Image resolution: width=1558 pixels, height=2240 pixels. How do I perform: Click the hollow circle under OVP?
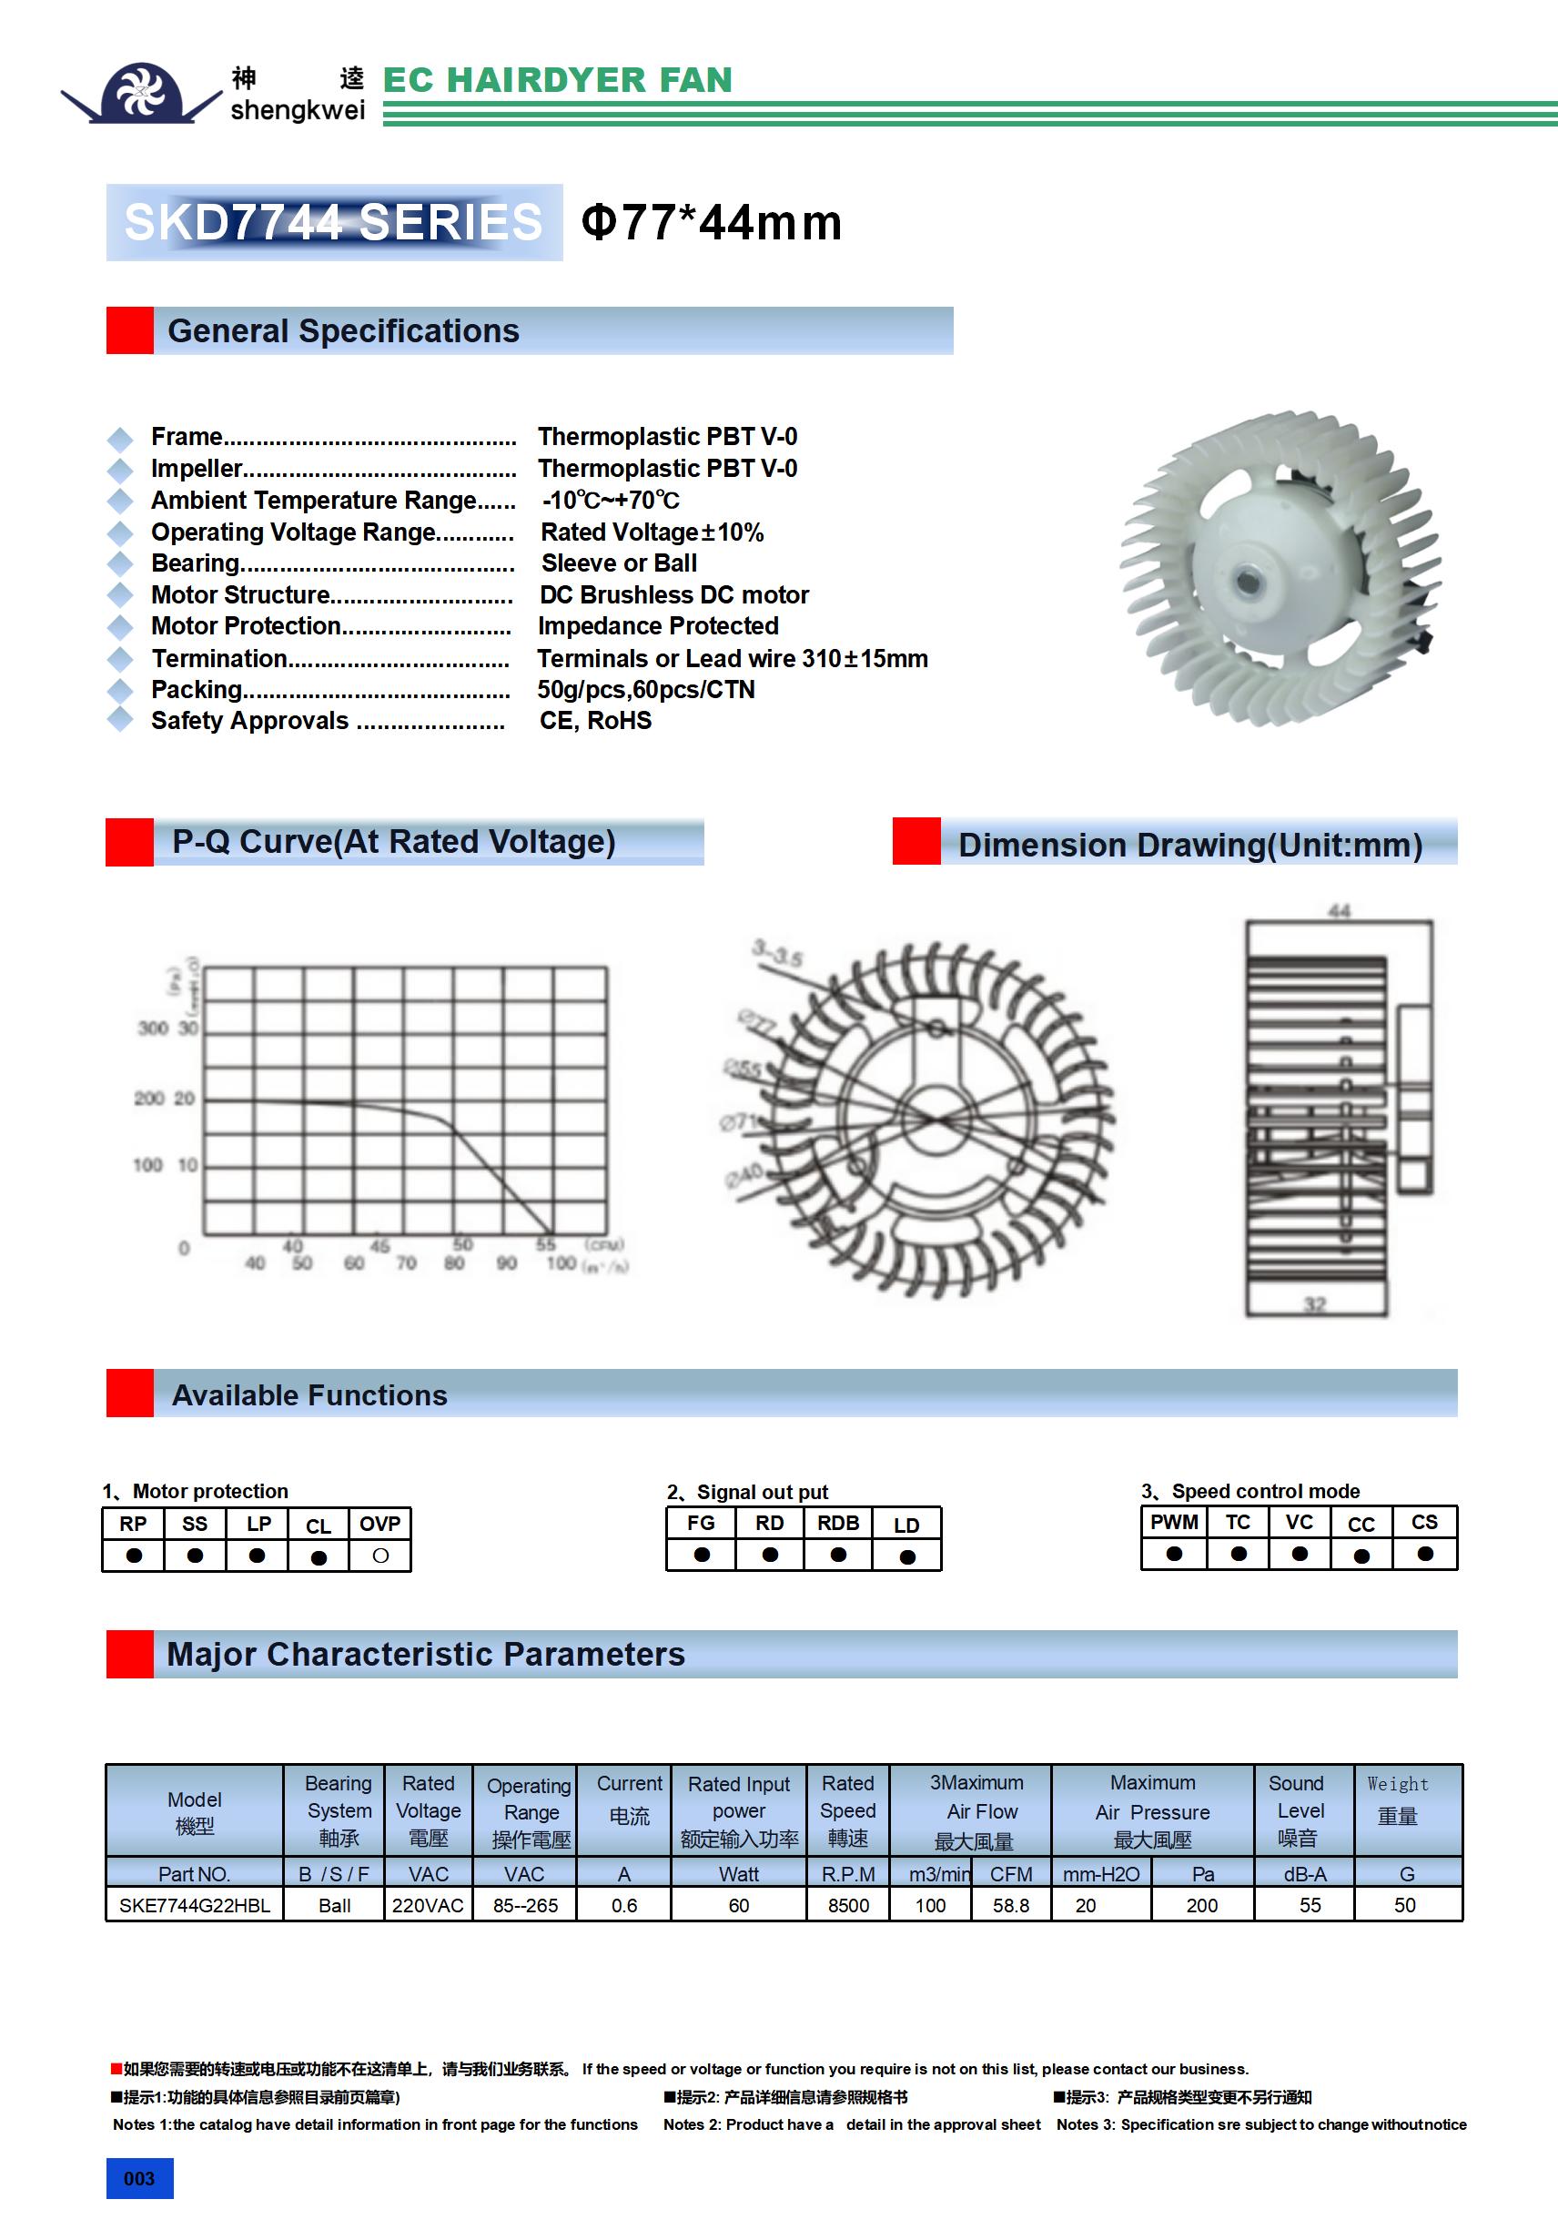380,1556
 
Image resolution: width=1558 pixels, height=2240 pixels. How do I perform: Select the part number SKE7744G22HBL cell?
194,1905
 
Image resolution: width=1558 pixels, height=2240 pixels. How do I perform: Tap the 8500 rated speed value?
848,1905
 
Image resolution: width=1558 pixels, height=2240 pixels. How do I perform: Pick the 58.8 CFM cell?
1011,1905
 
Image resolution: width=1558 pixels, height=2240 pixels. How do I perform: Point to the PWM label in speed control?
1174,1523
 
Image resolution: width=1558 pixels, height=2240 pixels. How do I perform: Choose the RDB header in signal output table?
838,1524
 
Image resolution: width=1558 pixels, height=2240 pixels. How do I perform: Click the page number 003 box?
139,2178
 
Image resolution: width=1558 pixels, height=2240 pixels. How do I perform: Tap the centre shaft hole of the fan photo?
1246,582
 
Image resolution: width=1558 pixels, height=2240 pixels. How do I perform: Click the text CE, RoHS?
595,721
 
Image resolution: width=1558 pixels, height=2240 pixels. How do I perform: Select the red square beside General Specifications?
130,330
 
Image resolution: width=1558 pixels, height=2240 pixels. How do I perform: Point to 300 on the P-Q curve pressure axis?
153,1029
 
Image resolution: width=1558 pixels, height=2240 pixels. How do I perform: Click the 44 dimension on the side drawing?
1339,910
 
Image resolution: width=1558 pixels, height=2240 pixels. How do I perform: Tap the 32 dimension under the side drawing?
1314,1304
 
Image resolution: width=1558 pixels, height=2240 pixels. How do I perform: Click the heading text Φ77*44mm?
711,222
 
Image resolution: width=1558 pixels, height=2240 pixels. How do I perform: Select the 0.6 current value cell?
623,1905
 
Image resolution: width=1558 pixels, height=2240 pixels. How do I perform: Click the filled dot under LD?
907,1557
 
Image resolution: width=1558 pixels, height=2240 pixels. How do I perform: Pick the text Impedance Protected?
658,626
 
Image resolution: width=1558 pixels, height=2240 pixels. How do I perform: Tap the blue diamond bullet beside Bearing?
120,564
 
